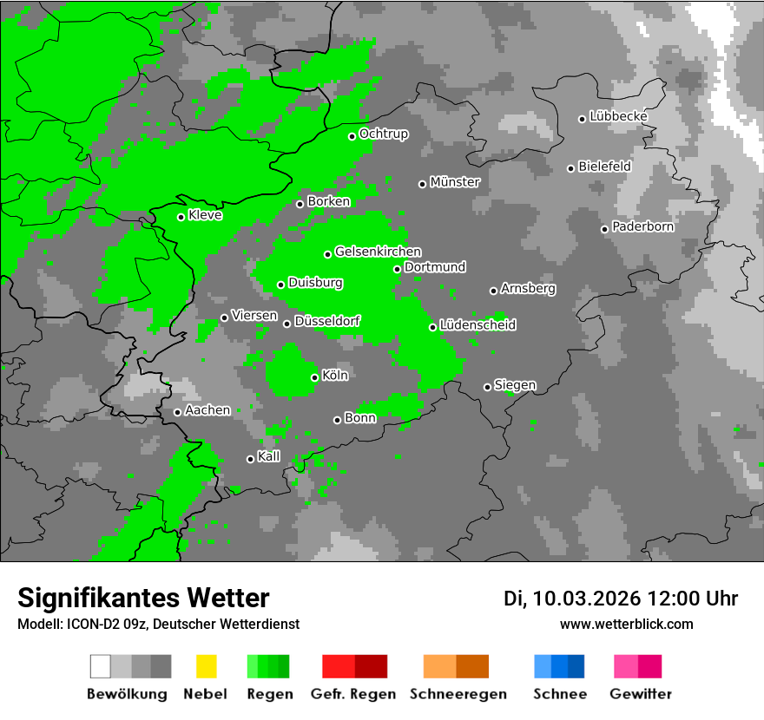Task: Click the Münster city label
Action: (455, 182)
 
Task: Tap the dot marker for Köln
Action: (314, 377)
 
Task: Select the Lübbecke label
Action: (619, 116)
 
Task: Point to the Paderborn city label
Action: (643, 226)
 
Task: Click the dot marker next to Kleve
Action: (181, 217)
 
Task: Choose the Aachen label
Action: (207, 410)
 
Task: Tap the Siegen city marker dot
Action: (487, 387)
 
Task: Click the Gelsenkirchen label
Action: (379, 252)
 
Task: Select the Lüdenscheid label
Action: (477, 324)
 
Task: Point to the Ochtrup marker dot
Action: (352, 136)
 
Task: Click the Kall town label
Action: (269, 456)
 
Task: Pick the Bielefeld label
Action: (605, 166)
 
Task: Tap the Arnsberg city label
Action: (528, 288)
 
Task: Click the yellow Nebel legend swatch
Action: (206, 666)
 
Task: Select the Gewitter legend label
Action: (641, 694)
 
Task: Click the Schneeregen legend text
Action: (458, 694)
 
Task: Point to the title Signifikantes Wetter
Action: (143, 598)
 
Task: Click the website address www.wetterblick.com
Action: (626, 624)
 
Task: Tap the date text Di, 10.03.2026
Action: (572, 599)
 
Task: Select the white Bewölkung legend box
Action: (101, 666)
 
